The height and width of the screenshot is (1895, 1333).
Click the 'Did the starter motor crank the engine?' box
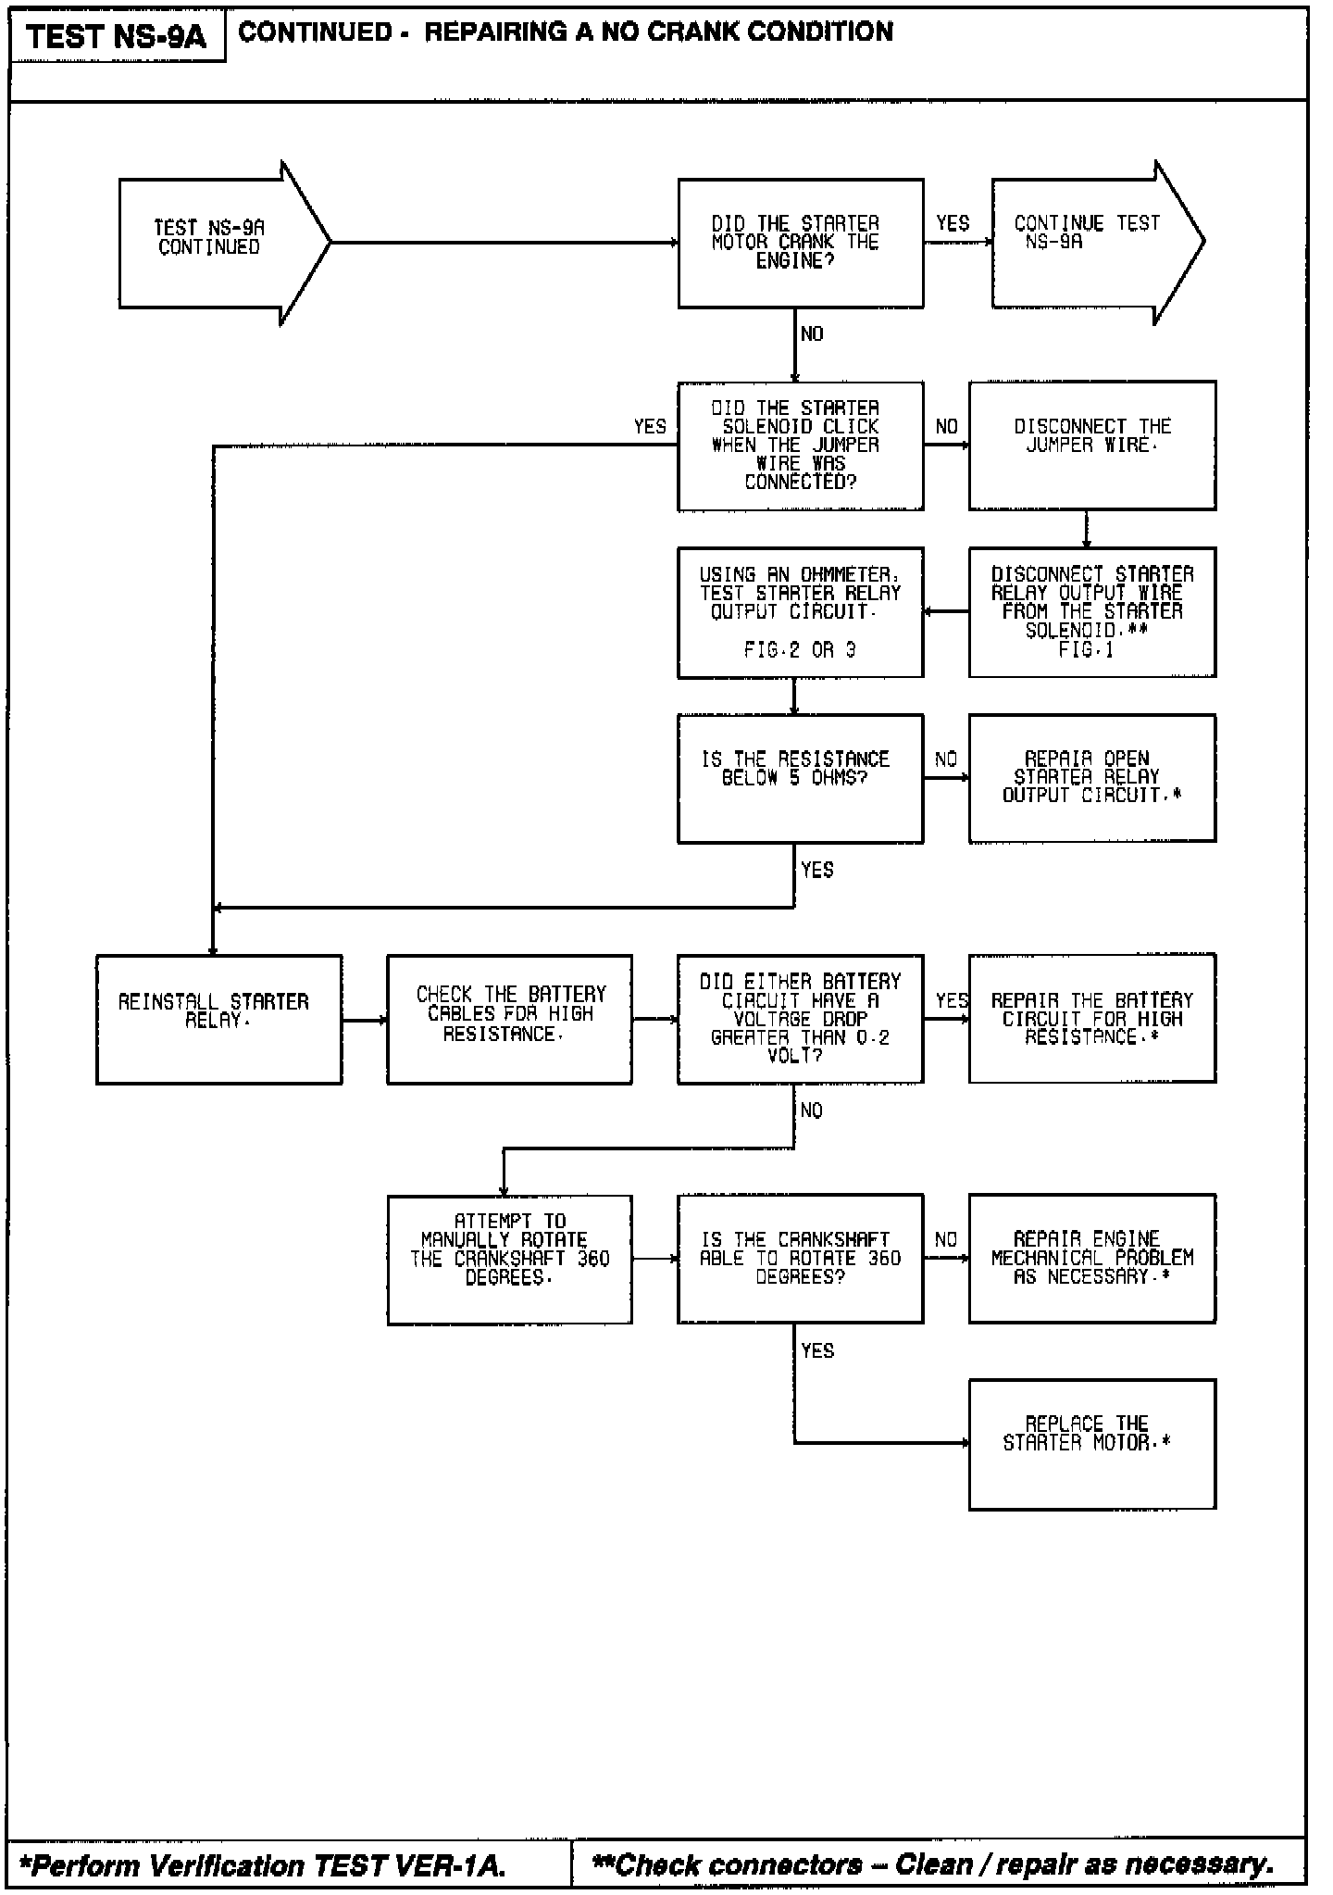(x=800, y=243)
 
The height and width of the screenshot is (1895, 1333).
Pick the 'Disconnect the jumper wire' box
(x=1091, y=445)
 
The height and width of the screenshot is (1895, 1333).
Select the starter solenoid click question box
(x=800, y=446)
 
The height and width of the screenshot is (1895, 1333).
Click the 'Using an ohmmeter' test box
(x=800, y=612)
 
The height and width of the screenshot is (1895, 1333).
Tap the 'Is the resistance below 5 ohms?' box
(x=800, y=778)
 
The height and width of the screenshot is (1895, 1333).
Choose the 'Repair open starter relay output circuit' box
(x=1091, y=778)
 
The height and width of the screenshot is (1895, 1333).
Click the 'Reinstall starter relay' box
(x=218, y=1019)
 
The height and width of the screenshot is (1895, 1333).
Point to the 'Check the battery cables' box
(x=509, y=1019)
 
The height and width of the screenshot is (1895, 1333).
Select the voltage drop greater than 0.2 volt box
(x=800, y=1019)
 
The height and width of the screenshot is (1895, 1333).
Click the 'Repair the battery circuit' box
(x=1091, y=1019)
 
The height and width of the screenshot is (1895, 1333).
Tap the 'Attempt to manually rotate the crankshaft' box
(x=509, y=1259)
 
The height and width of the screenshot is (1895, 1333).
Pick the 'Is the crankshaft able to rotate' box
(x=800, y=1259)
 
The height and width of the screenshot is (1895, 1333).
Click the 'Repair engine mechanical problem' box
(x=1091, y=1259)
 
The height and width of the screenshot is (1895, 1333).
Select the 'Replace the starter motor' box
(x=1091, y=1444)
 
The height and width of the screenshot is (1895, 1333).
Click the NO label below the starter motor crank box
(x=812, y=334)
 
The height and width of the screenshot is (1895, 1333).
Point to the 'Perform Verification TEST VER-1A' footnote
(x=267, y=1864)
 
